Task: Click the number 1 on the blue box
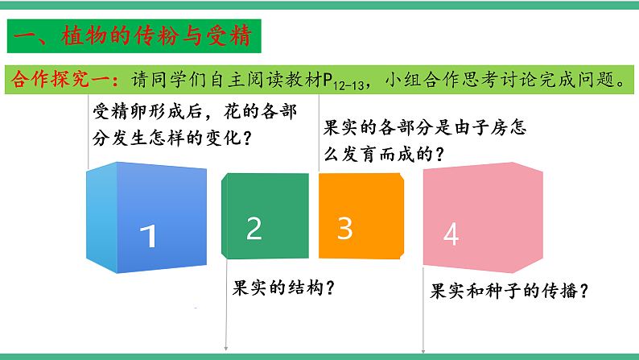[147, 236]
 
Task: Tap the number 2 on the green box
[254, 229]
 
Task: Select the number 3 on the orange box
[345, 229]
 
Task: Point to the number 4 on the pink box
[451, 234]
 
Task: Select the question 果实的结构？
[283, 288]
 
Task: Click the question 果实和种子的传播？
[508, 292]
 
